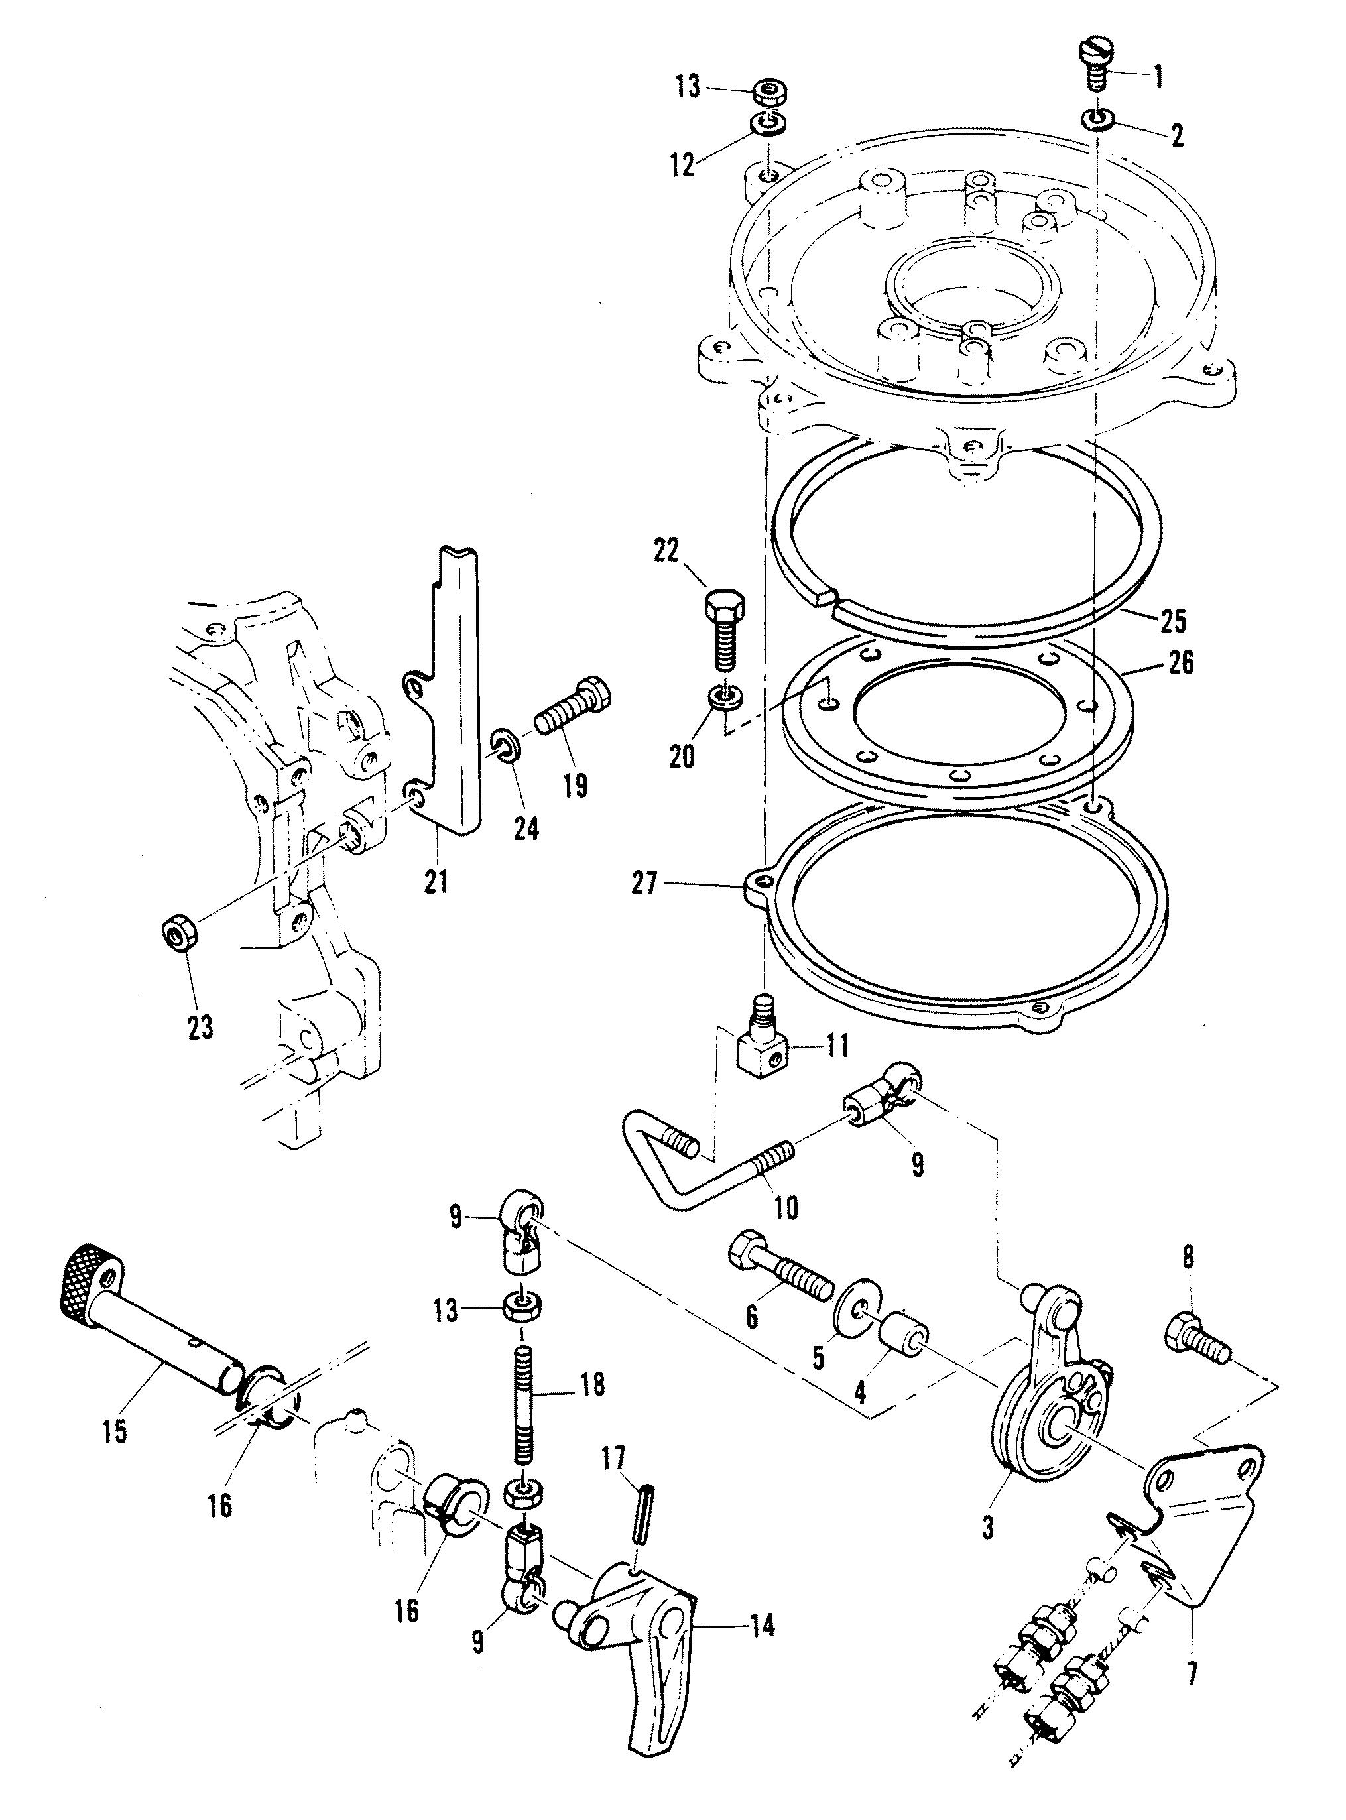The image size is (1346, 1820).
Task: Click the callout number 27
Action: [x=644, y=883]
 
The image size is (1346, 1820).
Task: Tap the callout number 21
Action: [x=435, y=880]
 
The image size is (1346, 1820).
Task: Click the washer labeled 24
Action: [x=505, y=747]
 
